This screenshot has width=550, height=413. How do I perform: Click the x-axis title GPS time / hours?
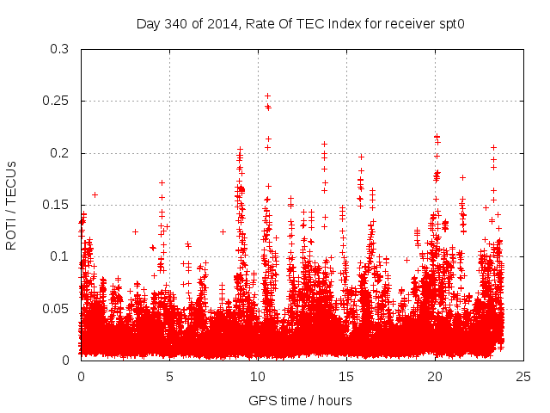pos(300,400)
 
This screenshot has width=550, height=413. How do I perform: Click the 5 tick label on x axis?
pos(169,376)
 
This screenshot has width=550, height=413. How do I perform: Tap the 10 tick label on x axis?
pos(258,376)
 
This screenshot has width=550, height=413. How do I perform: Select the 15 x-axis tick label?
pos(346,376)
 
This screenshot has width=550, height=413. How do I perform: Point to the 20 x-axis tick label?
pos(435,376)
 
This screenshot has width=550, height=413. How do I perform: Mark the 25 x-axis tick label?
pos(523,376)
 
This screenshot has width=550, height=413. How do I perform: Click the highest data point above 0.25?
pos(267,96)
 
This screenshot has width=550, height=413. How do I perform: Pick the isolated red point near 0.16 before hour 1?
pos(95,194)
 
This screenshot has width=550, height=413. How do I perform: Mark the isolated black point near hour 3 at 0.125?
pos(135,231)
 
